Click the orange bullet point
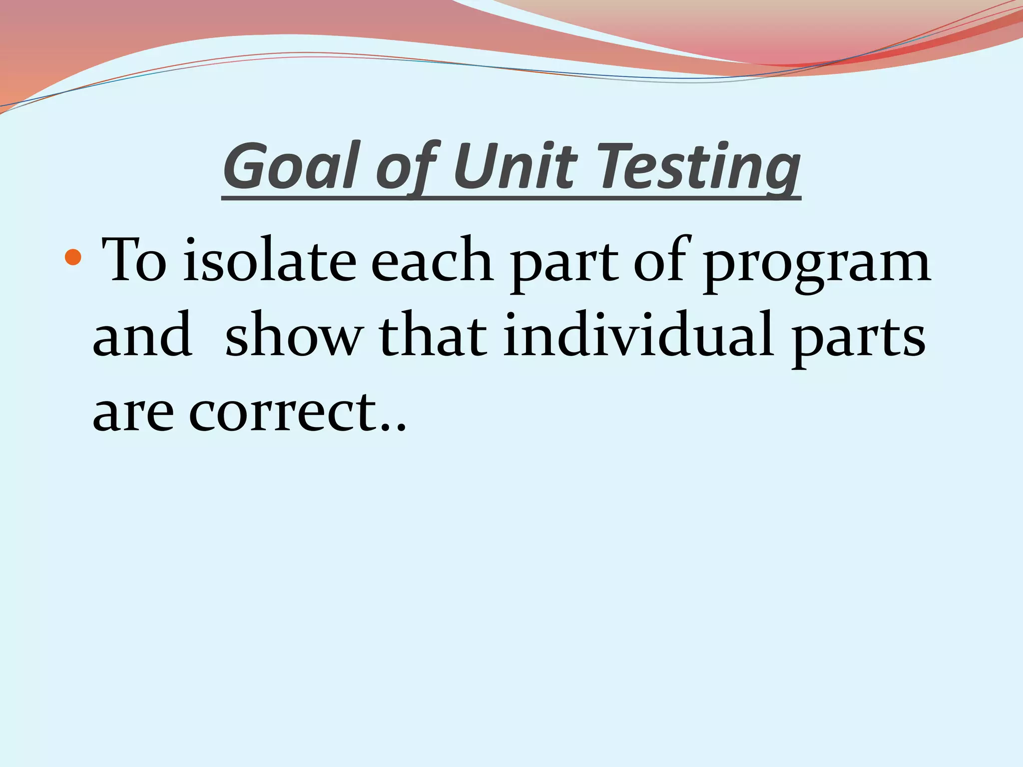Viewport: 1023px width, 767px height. (x=73, y=258)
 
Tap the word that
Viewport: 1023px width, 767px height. (x=433, y=335)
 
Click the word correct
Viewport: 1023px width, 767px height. (x=282, y=410)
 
